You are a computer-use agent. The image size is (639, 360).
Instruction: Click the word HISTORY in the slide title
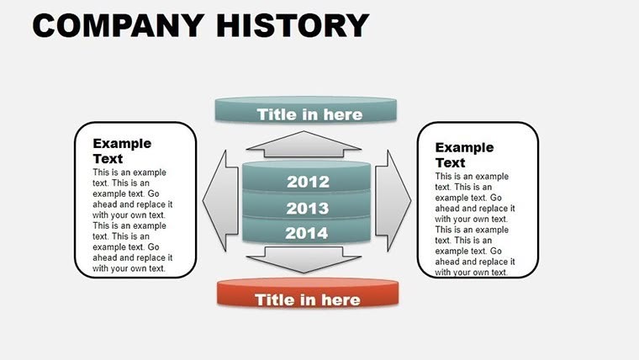point(292,25)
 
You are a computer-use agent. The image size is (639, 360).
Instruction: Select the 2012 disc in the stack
point(307,181)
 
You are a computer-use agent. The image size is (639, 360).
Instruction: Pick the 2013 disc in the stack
point(307,209)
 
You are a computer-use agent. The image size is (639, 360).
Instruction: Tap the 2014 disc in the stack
point(307,234)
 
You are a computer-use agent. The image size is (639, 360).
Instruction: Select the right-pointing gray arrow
point(392,200)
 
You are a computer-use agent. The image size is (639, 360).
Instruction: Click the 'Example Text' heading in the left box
point(121,151)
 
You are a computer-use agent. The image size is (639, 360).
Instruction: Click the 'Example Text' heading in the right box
point(464,155)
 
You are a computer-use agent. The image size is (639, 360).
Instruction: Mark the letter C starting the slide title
point(46,25)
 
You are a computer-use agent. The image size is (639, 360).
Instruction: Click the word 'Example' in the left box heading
point(122,144)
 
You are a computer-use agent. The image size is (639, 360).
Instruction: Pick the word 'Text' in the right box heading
point(450,162)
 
